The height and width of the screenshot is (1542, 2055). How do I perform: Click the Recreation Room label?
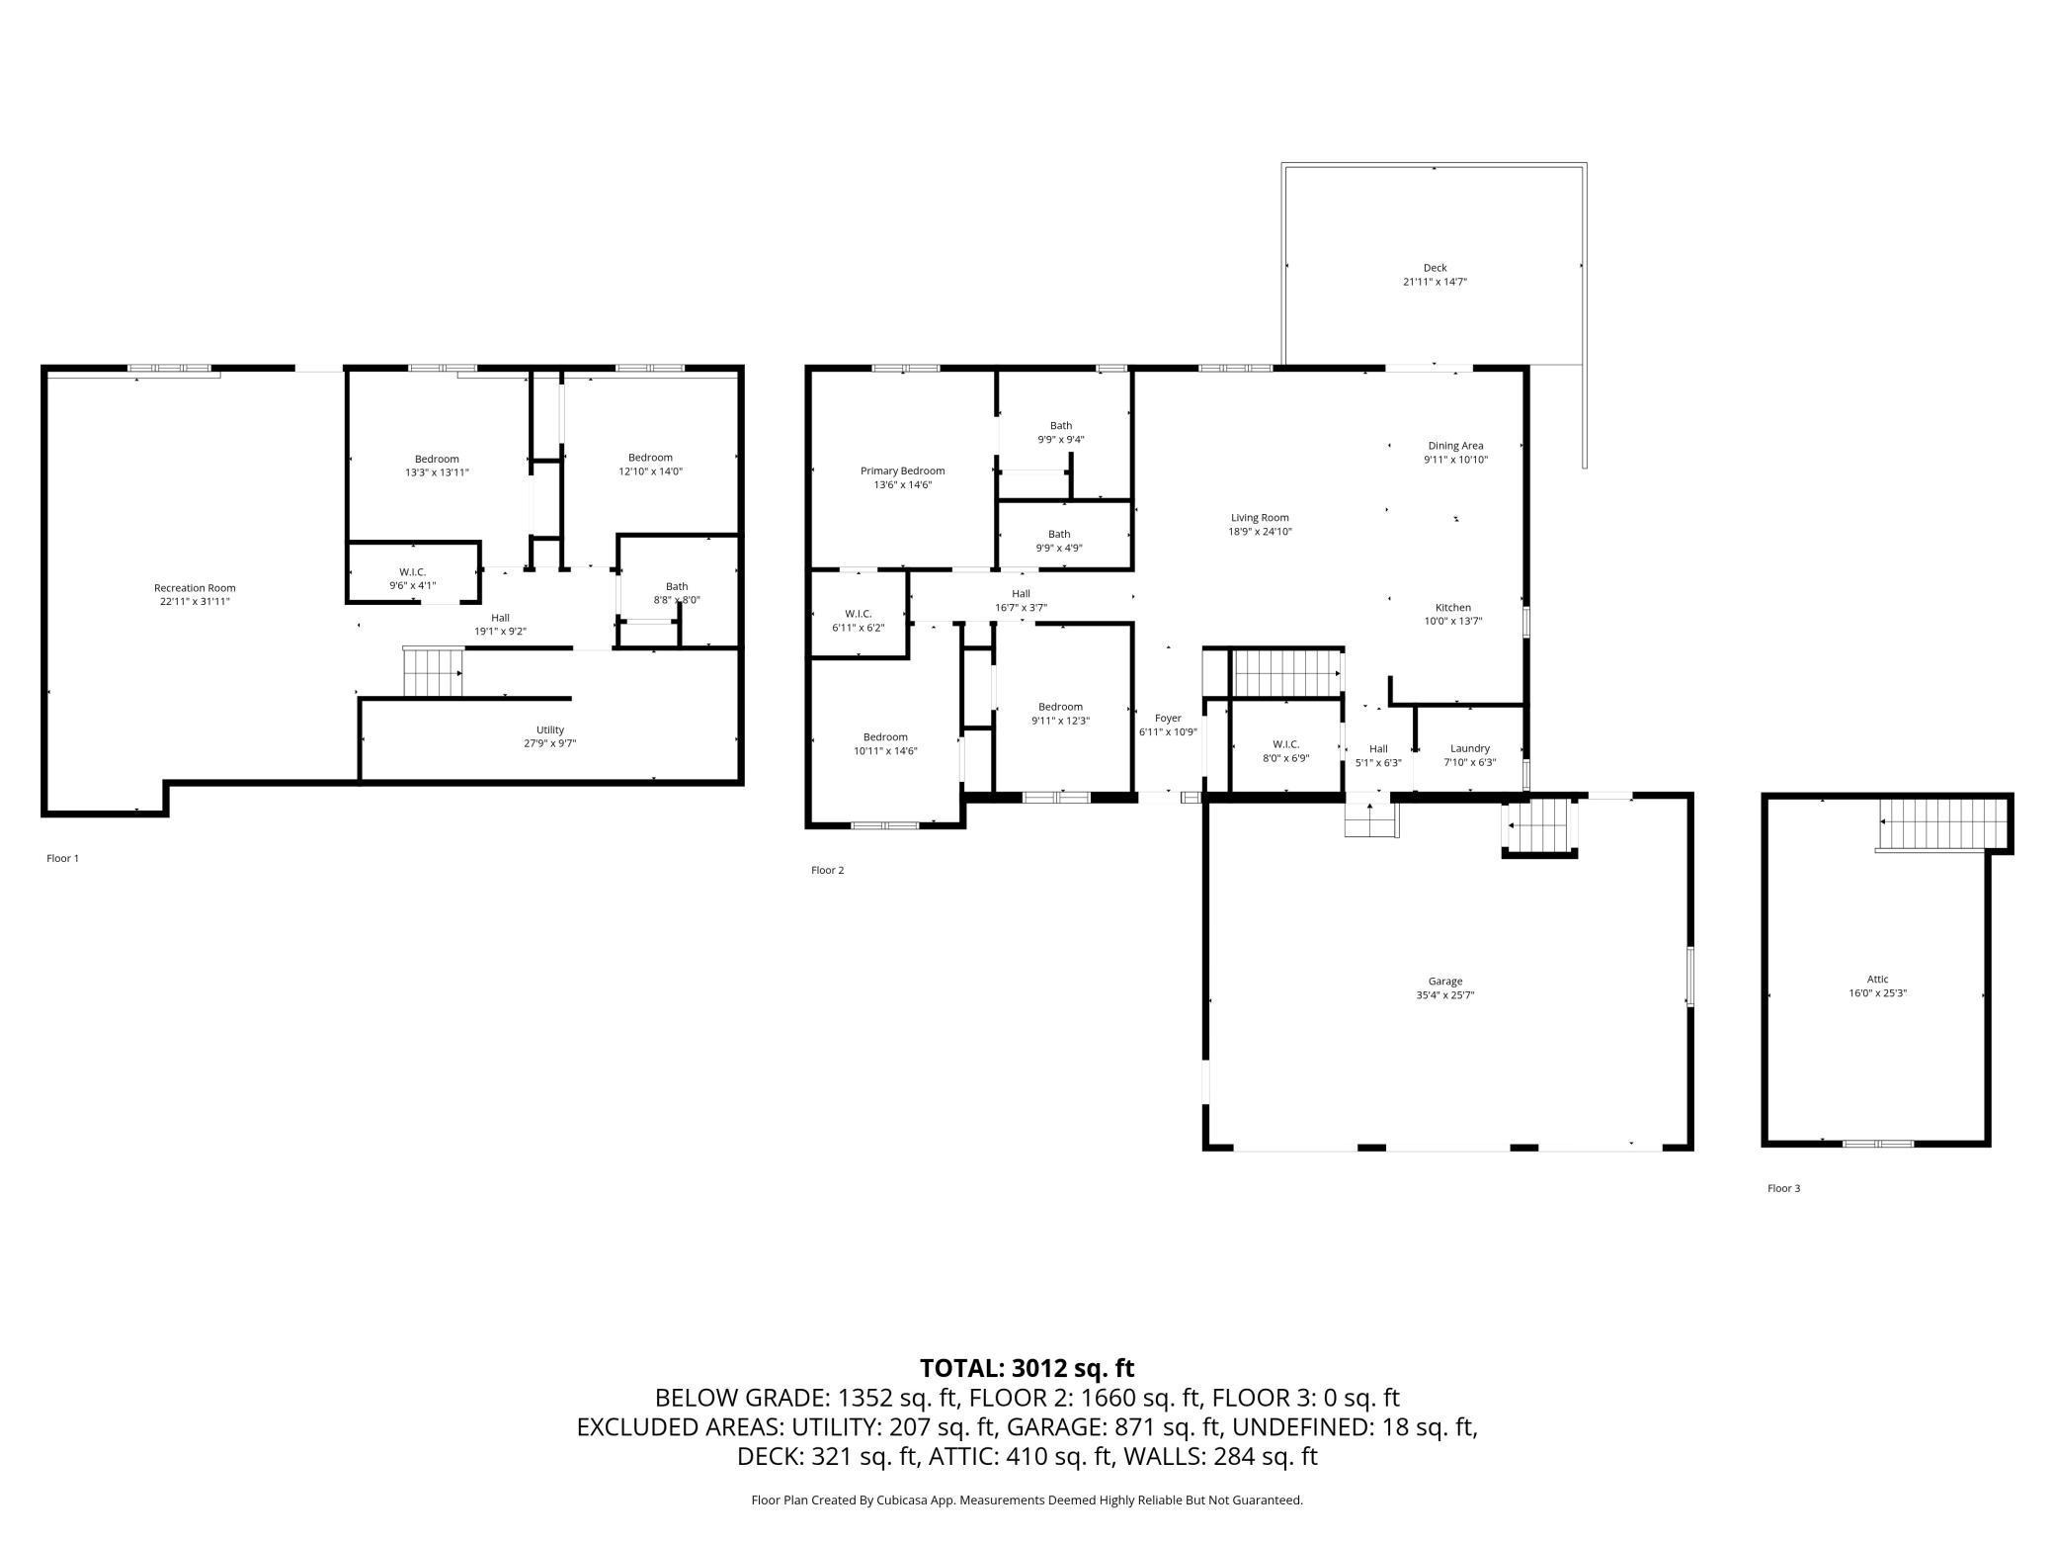coord(195,588)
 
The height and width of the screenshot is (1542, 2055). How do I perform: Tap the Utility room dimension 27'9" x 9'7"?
coord(550,743)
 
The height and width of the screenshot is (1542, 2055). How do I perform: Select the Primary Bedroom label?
coord(903,471)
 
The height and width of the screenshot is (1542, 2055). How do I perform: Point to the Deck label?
coord(1435,268)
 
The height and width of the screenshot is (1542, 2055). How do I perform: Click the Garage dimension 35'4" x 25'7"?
coord(1444,995)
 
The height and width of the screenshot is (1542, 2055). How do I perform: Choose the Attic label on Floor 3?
coord(1877,980)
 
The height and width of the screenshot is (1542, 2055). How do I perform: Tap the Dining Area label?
coord(1455,446)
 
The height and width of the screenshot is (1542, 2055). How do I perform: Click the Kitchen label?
coord(1453,608)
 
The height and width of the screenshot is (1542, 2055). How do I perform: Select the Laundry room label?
coord(1470,748)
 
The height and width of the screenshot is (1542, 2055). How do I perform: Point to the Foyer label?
coord(1168,719)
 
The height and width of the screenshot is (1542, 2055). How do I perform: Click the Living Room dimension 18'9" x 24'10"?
coord(1260,532)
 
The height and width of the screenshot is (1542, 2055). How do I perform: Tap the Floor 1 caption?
coord(62,858)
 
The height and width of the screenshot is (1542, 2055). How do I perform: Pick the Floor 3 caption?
coord(1783,1188)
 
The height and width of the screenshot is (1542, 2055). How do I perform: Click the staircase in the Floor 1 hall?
coord(433,673)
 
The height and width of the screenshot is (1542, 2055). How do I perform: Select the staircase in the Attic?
coord(1943,823)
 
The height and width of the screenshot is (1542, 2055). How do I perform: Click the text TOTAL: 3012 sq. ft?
coord(1027,1368)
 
